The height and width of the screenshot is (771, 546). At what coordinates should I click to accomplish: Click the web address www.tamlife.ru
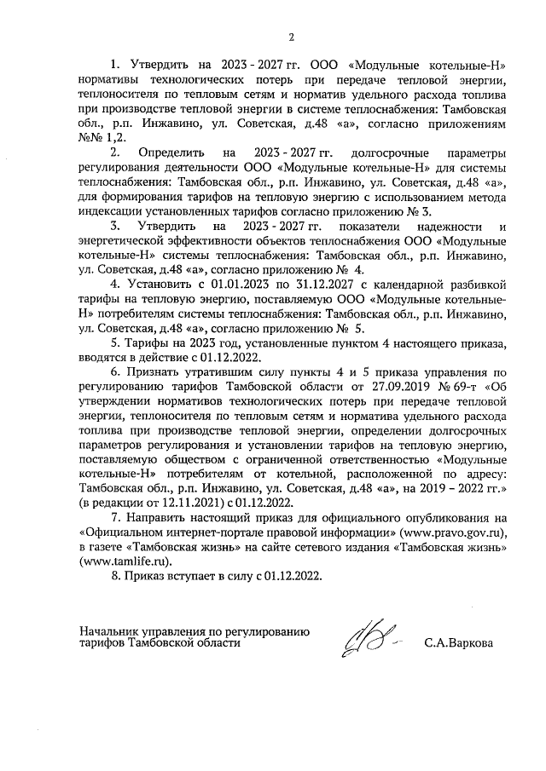pos(122,561)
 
